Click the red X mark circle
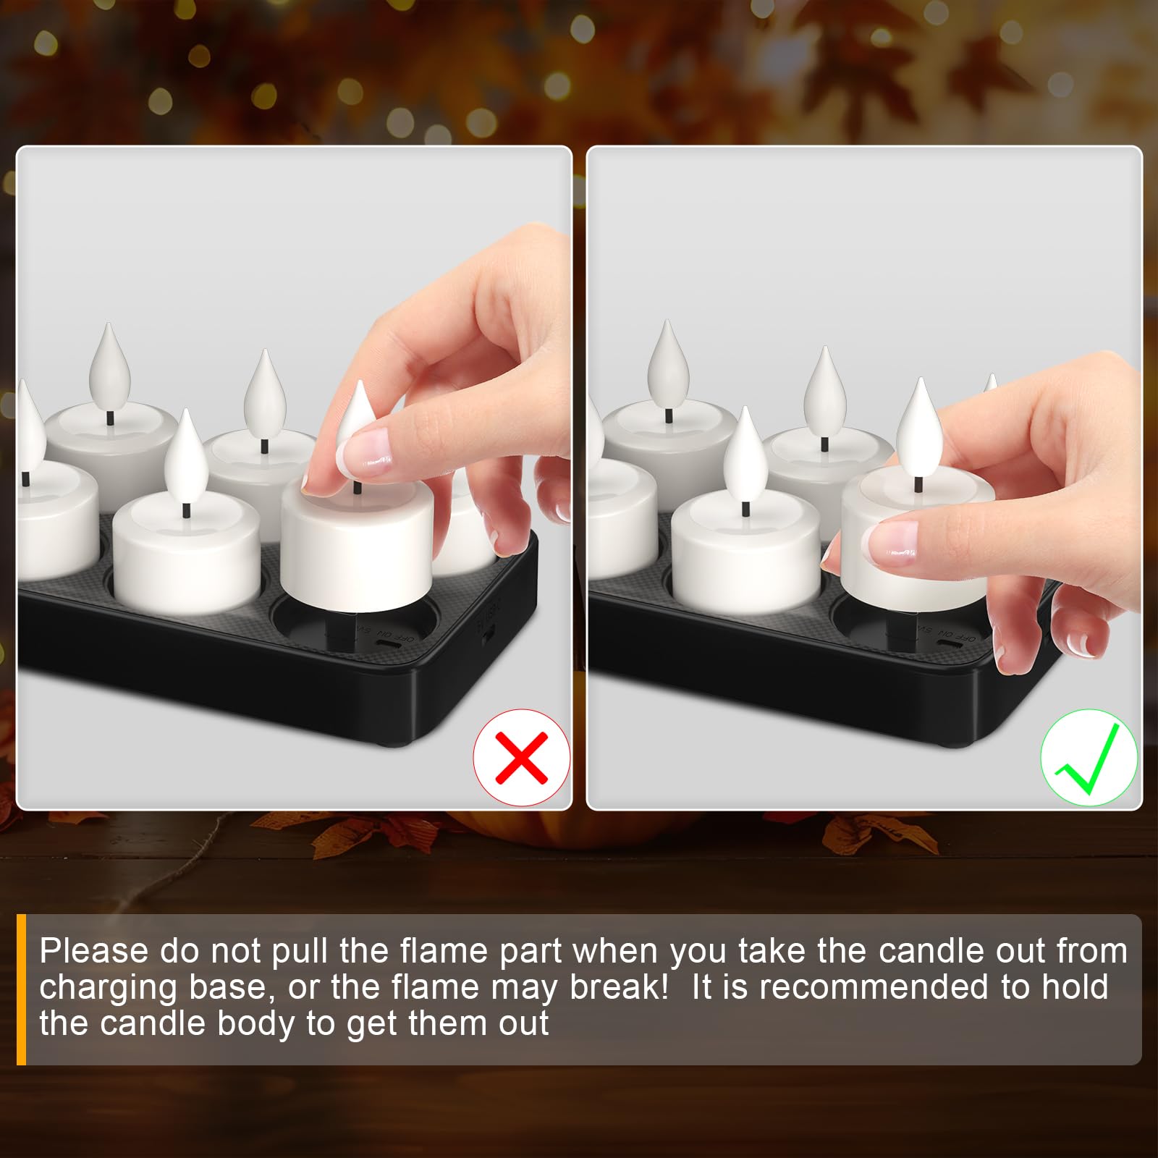point(522,757)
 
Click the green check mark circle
point(1089,757)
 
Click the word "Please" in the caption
point(94,950)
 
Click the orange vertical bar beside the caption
point(21,989)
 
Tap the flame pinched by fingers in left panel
point(356,416)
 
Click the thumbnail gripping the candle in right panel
point(889,544)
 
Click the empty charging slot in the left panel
point(355,624)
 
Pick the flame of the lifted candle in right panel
point(920,427)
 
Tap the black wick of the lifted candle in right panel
point(919,484)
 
